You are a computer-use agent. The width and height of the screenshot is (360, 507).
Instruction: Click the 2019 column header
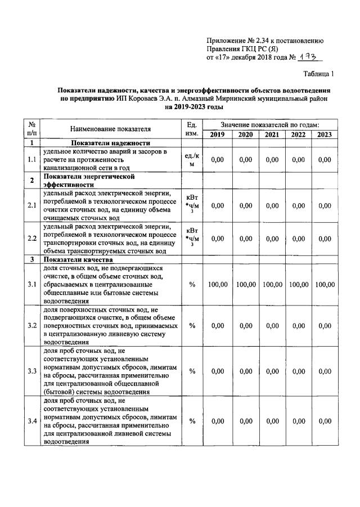217,134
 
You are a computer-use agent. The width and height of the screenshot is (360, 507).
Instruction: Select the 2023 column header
325,134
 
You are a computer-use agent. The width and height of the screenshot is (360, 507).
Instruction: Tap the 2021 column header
272,134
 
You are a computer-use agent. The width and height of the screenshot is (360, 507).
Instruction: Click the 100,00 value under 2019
217,285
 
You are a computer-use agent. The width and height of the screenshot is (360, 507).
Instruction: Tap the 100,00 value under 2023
325,285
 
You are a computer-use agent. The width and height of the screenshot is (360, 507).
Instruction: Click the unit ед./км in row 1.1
192,160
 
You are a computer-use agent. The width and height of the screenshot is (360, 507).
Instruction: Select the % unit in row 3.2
192,325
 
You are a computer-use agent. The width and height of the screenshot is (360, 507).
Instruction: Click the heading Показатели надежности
111,144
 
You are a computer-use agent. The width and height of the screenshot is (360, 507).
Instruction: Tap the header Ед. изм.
192,129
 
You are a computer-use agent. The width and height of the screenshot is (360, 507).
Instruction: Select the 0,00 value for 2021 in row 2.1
272,205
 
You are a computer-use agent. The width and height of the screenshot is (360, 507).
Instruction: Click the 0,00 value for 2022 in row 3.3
298,371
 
